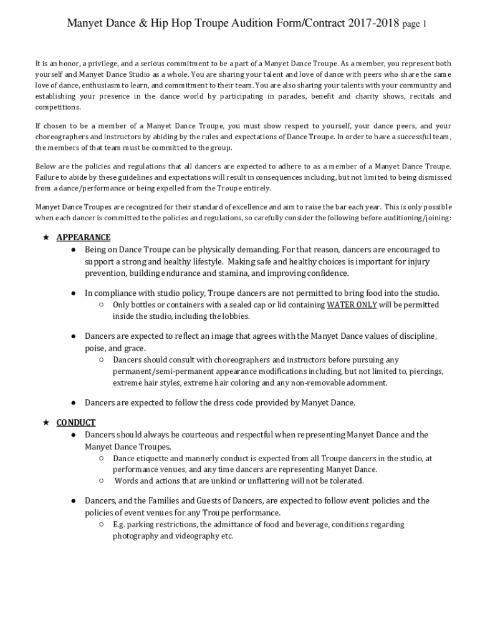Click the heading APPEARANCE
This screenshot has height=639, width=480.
coord(83,238)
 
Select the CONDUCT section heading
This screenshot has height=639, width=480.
coord(75,422)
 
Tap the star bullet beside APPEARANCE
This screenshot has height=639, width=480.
coord(45,238)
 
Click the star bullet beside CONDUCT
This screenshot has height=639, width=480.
coord(45,422)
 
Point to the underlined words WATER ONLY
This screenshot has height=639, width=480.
coord(352,305)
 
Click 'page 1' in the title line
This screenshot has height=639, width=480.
coord(415,24)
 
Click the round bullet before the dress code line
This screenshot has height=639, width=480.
coord(73,402)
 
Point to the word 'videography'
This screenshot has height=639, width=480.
coord(188,536)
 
